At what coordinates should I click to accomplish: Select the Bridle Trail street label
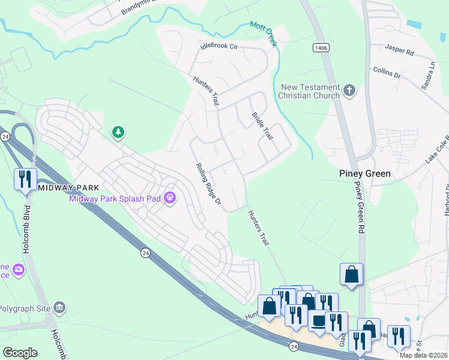click(x=262, y=126)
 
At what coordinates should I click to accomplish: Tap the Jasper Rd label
click(x=400, y=52)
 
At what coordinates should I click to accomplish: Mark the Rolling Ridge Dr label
click(x=209, y=186)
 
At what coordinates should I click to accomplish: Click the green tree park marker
click(x=118, y=132)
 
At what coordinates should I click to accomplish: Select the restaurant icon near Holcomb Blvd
click(x=25, y=179)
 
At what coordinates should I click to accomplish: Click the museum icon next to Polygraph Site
click(x=59, y=308)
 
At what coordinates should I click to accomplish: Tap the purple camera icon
click(x=19, y=269)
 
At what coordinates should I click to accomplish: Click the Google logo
click(x=20, y=352)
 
